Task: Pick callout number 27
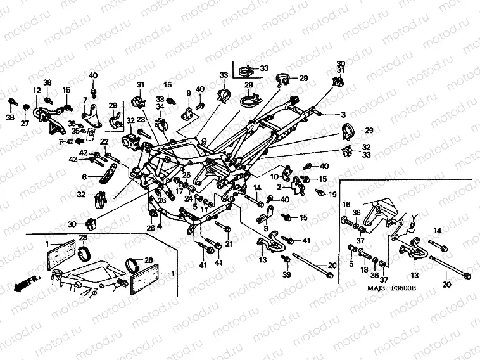(25, 123)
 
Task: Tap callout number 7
(84, 100)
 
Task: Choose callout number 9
(188, 94)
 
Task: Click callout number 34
(160, 106)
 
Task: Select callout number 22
(103, 141)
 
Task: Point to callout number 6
(83, 176)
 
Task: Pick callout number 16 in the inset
(346, 203)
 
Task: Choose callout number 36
(357, 212)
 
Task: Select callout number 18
(363, 270)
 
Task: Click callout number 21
(229, 243)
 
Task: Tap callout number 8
(266, 229)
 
